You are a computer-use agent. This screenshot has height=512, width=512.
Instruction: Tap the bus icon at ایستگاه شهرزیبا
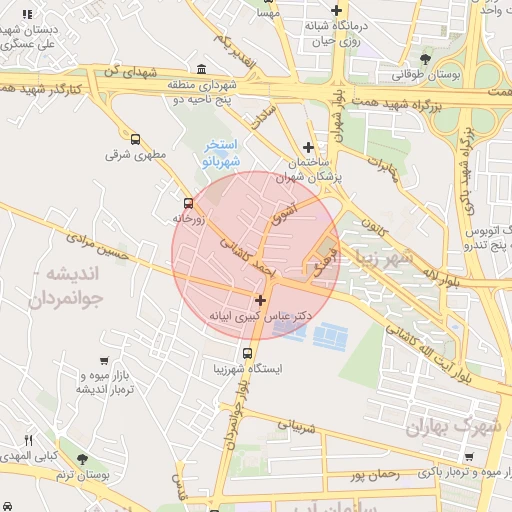coord(246,353)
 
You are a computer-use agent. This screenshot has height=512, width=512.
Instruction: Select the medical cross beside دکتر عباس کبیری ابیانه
coord(261,299)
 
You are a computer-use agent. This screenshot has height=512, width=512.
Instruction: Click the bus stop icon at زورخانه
coord(188,201)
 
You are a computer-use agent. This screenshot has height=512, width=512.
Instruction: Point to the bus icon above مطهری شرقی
coord(135,140)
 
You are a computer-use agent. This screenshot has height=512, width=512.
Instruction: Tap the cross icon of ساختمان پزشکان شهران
coord(308,147)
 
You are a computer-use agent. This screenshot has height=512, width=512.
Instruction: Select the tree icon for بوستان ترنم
coord(82,459)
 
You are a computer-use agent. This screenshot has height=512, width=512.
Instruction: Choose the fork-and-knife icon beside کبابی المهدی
coord(28,440)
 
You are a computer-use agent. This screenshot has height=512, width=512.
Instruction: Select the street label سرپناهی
coord(294,429)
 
